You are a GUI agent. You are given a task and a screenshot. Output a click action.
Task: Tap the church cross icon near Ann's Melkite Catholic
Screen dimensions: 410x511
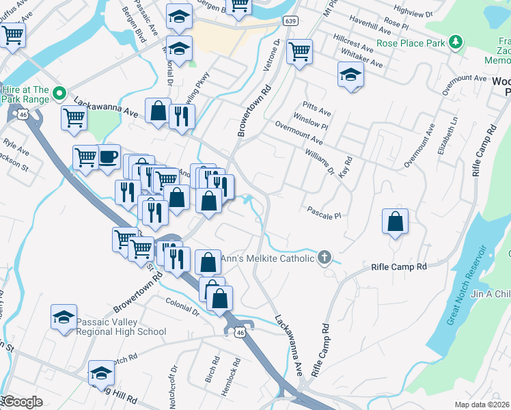[324, 258]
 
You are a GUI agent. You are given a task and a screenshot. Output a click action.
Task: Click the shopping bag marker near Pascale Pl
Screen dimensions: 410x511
[395, 221]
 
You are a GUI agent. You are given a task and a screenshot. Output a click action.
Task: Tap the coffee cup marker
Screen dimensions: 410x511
[108, 157]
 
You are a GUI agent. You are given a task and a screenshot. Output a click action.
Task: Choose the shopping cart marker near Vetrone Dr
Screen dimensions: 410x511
[299, 51]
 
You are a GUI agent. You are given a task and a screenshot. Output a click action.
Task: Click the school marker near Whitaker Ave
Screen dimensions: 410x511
[350, 74]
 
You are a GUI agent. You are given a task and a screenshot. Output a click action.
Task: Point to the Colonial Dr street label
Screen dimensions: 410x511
[182, 305]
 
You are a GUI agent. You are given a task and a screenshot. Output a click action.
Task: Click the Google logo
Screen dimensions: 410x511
[23, 402]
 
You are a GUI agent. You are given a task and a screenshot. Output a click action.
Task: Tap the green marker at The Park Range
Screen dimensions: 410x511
[59, 93]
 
